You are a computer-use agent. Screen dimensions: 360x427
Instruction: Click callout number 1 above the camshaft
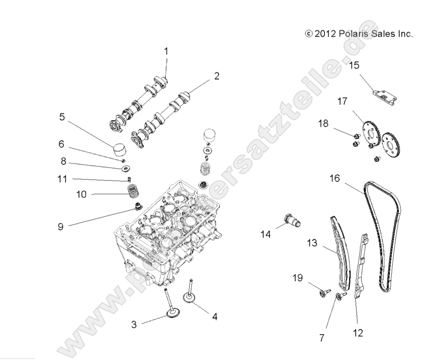click(166, 51)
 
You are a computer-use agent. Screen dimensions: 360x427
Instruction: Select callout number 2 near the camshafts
click(216, 76)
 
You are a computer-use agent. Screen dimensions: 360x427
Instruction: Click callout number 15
click(353, 65)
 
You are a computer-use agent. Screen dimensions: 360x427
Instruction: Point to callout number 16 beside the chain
click(335, 179)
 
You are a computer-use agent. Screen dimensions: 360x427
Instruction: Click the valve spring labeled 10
click(135, 195)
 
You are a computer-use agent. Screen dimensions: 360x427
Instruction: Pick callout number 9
click(60, 227)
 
